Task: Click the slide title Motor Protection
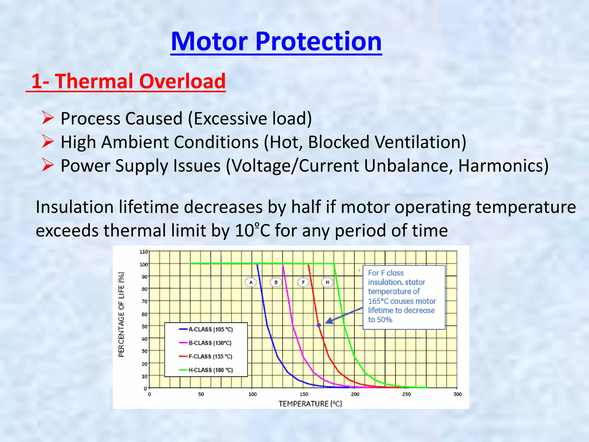(276, 42)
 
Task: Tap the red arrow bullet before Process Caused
(48, 118)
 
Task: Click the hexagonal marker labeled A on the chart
(251, 282)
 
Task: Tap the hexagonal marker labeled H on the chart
(327, 282)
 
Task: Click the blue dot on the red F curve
(319, 325)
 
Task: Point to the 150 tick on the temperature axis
(304, 394)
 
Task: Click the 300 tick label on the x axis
(457, 394)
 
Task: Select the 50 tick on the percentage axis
(144, 326)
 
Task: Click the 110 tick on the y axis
(144, 252)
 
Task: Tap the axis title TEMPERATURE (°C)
(310, 404)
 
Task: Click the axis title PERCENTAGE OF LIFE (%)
(121, 315)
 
